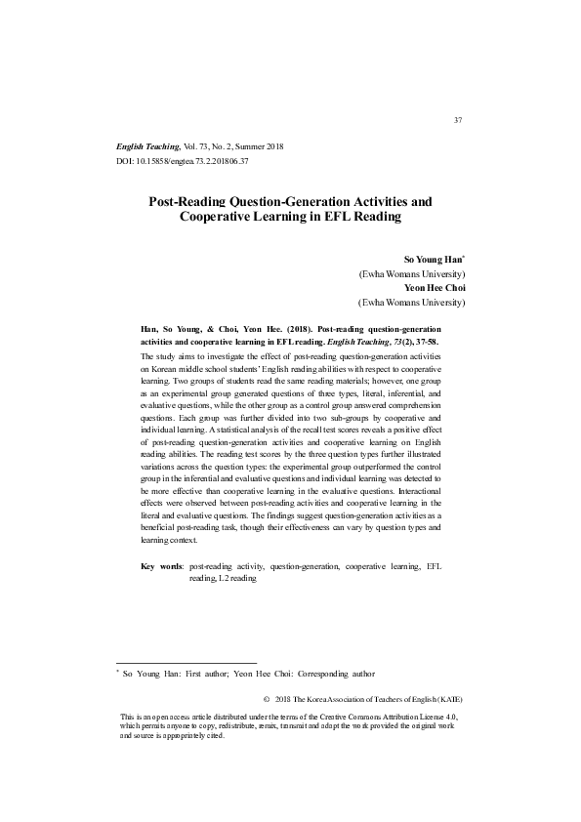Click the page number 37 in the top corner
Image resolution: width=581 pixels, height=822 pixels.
click(458, 120)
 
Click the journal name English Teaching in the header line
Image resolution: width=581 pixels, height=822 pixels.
click(147, 144)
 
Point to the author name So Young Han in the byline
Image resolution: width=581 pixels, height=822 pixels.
click(433, 261)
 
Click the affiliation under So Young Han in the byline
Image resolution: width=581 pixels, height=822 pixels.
click(412, 274)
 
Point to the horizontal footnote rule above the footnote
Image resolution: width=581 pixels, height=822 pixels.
click(186, 661)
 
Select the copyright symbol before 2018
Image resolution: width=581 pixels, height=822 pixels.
click(268, 700)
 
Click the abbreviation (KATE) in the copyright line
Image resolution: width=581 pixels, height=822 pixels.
click(448, 700)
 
